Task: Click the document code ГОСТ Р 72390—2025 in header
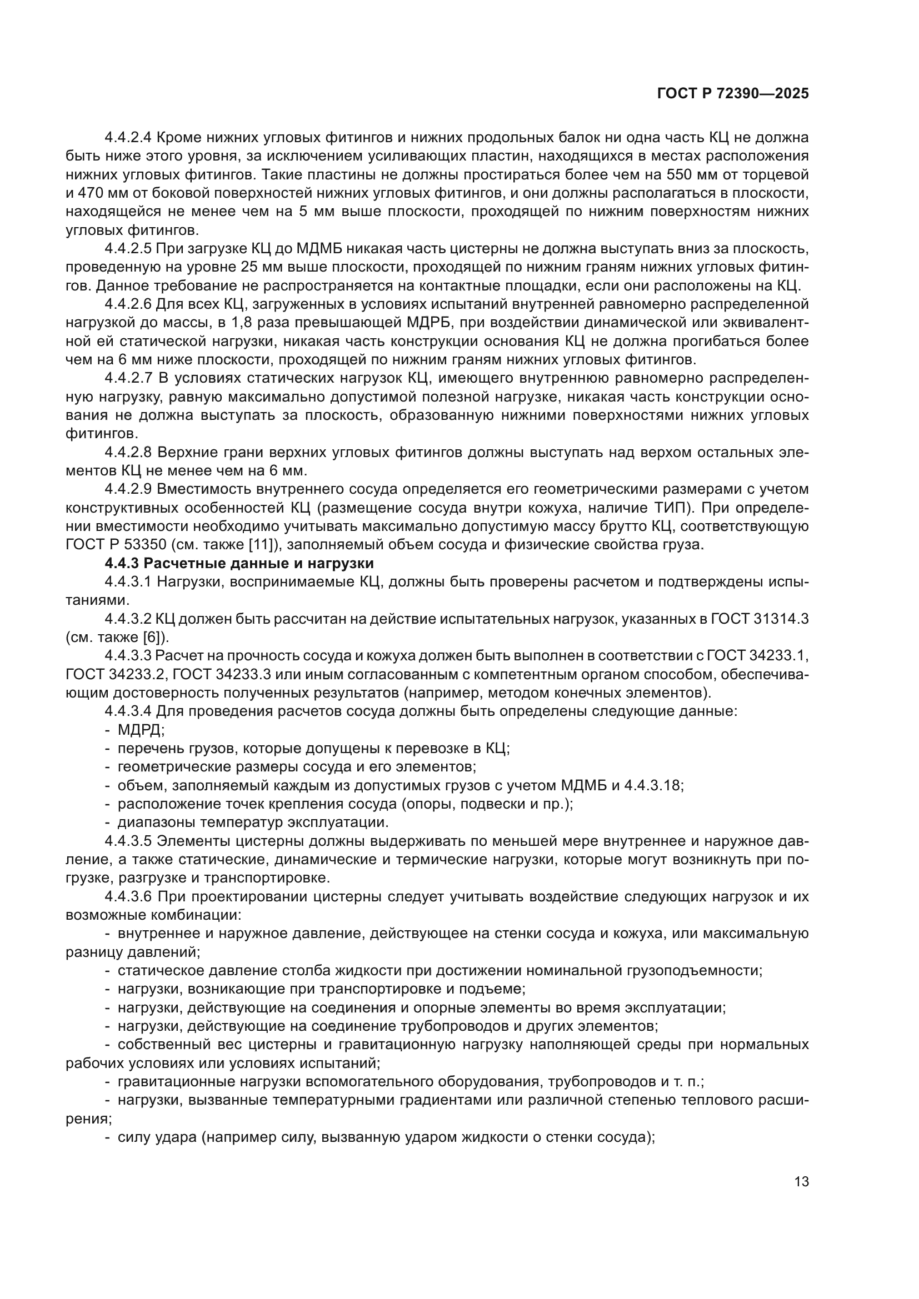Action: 733,94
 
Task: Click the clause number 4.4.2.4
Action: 128,138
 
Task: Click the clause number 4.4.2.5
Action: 128,249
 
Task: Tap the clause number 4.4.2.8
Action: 128,453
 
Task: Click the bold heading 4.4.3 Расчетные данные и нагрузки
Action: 239,564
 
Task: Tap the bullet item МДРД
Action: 140,730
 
